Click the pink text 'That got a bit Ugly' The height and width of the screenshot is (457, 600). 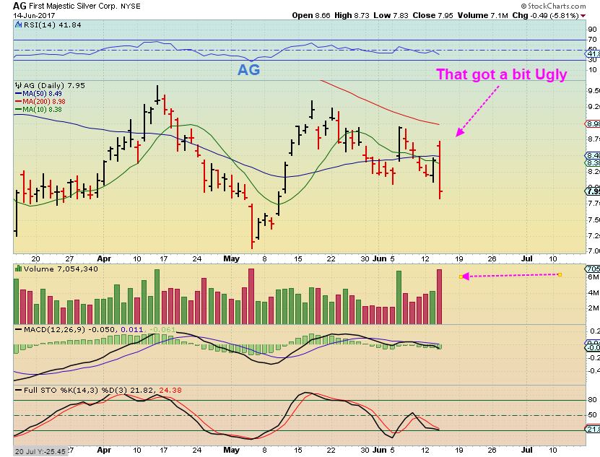click(x=500, y=74)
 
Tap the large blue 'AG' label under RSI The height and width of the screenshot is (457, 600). click(x=249, y=71)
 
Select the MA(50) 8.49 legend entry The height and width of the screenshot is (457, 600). click(x=43, y=92)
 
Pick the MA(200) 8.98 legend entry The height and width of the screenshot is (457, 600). click(x=45, y=100)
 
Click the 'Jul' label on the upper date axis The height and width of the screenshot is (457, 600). click(x=527, y=258)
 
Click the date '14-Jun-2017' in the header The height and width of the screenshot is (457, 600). click(x=21, y=15)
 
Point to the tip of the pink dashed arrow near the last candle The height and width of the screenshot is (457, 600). click(x=456, y=135)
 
